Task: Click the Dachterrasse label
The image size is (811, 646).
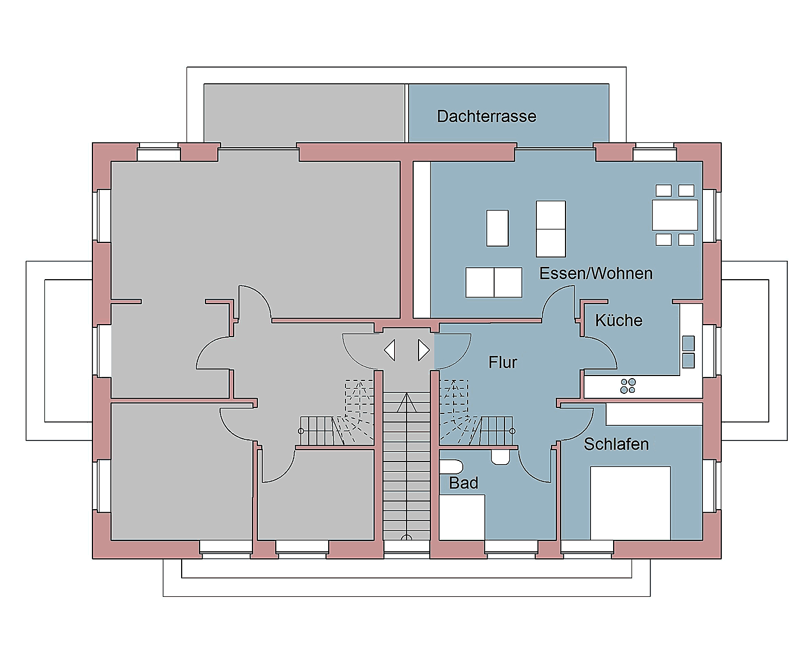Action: pos(487,116)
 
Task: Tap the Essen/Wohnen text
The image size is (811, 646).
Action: pos(596,273)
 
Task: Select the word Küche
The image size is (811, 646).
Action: pos(619,320)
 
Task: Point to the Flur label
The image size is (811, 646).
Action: pos(503,362)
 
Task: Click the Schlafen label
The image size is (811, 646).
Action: pos(616,444)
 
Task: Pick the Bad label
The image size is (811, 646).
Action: pos(463,483)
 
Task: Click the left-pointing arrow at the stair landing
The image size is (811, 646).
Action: pos(390,350)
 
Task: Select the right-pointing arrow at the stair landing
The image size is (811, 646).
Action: pos(423,350)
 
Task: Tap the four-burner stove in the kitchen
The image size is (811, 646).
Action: pos(628,386)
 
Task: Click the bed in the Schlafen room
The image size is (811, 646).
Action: pos(630,503)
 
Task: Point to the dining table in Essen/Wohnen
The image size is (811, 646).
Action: pos(675,215)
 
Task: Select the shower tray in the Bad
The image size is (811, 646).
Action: pos(462,517)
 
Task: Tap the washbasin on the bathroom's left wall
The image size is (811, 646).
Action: pos(451,466)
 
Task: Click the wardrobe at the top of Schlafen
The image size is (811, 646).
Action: pos(654,414)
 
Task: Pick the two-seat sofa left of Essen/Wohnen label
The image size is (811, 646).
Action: pos(494,282)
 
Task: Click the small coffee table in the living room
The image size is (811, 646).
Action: pos(497,228)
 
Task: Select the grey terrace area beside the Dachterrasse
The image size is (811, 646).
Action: pos(304,114)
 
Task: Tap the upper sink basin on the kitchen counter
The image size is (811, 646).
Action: pos(688,344)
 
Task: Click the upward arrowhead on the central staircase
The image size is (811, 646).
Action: pos(407,403)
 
